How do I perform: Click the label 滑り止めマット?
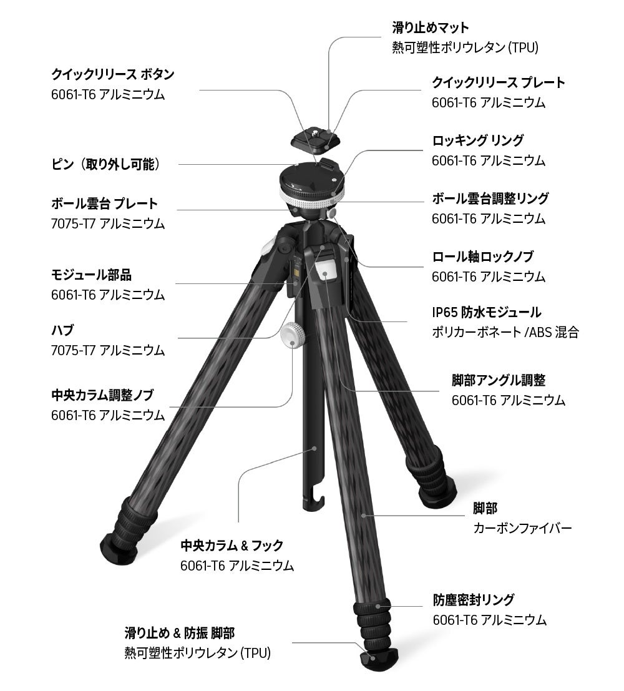(x=431, y=28)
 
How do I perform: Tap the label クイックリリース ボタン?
(x=112, y=74)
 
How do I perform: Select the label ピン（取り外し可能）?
(x=106, y=164)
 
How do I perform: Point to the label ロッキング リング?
(x=478, y=140)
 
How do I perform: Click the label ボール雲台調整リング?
(x=490, y=198)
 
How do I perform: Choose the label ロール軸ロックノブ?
(x=483, y=257)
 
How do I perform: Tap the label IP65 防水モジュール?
(x=487, y=312)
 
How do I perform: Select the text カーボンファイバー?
(x=522, y=529)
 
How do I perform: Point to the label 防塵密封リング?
(x=474, y=600)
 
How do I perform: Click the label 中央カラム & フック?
(x=232, y=546)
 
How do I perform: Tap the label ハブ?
(x=63, y=330)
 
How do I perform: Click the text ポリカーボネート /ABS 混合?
(x=505, y=332)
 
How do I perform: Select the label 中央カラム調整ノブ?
(x=102, y=395)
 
